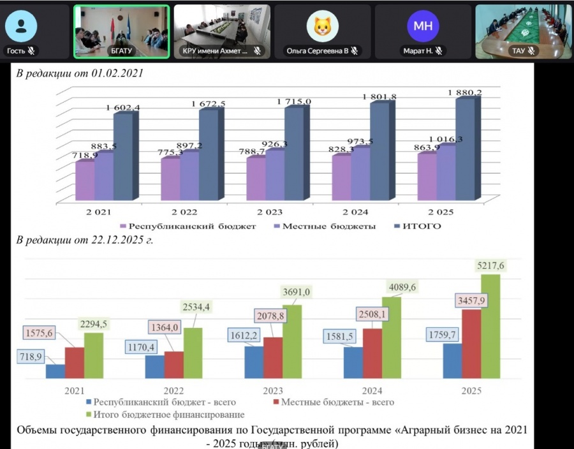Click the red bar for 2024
pyautogui.click(x=372, y=353)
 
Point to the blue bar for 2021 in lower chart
pyautogui.click(x=55, y=372)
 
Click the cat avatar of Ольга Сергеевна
pyautogui.click(x=322, y=26)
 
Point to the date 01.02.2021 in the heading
pyautogui.click(x=115, y=73)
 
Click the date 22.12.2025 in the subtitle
pyautogui.click(x=115, y=240)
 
